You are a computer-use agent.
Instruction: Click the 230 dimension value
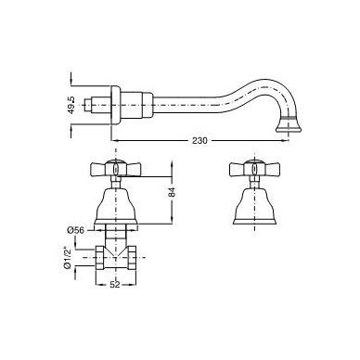point(199,140)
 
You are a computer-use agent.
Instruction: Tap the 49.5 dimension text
point(71,105)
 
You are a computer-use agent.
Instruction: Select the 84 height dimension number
point(172,192)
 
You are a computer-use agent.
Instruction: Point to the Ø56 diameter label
point(75,230)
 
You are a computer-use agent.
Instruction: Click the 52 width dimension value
point(115,285)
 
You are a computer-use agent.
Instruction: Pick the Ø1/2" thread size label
point(67,258)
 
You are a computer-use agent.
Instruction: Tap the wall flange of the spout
point(115,105)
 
